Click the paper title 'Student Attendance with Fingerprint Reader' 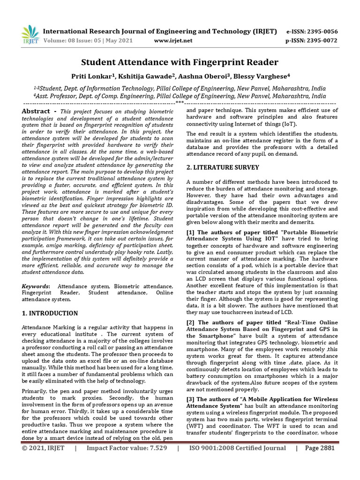(x=180, y=62)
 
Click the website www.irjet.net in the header (x=173, y=41)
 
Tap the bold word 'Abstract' (x=36, y=111)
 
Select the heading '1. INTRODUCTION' (x=50, y=313)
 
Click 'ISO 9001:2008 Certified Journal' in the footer (x=237, y=461)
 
